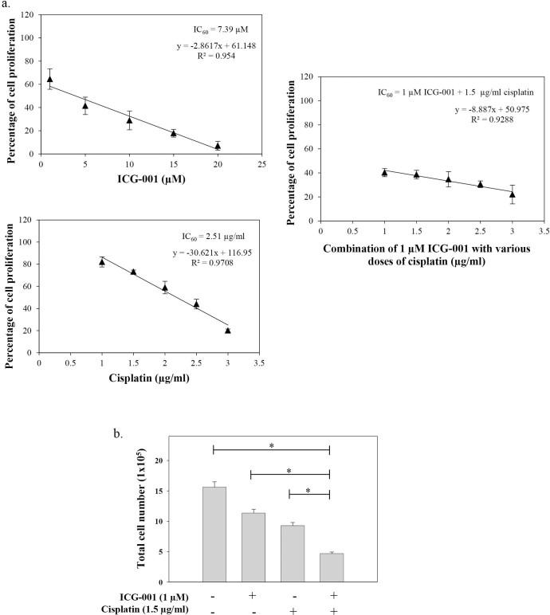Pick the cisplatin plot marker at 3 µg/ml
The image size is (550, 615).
pos(228,331)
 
